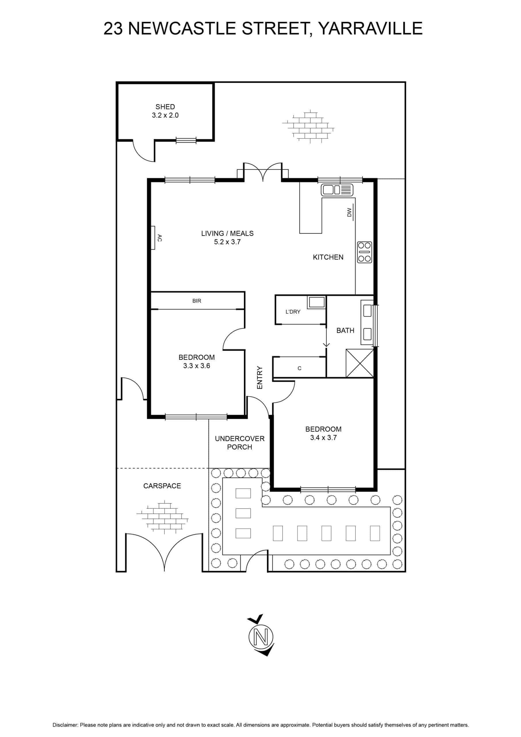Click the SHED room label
165,107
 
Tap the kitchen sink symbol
337,190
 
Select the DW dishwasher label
349,212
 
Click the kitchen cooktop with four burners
364,252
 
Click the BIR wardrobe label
197,301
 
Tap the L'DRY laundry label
293,312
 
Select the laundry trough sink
316,302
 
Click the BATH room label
345,330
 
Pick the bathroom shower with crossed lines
360,363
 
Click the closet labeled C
299,368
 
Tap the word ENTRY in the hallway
260,377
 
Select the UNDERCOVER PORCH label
240,443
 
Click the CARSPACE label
162,486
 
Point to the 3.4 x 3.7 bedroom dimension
323,438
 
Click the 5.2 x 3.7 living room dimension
228,242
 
